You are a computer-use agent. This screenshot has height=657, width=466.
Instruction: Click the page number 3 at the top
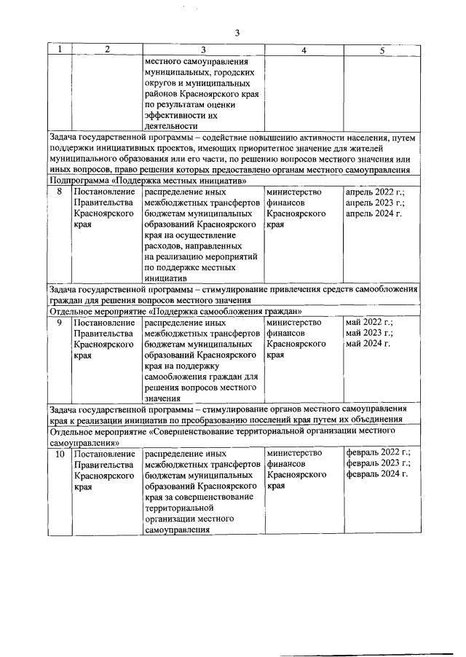click(x=237, y=32)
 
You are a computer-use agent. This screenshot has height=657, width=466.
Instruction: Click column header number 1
click(x=60, y=50)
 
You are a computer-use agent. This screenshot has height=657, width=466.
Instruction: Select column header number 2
click(x=107, y=50)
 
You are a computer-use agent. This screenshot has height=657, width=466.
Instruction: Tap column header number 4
click(x=304, y=50)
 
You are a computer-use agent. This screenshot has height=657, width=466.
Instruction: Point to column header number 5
click(x=382, y=50)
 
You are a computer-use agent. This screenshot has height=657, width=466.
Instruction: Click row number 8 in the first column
click(x=60, y=192)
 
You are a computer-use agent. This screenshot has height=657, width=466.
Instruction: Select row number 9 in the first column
click(x=60, y=322)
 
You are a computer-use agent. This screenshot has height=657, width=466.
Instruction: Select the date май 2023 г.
click(x=369, y=333)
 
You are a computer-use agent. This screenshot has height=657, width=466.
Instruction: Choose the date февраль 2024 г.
click(x=376, y=474)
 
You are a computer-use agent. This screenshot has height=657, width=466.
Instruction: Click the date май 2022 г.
click(x=369, y=322)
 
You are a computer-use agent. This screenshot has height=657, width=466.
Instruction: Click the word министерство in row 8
click(x=294, y=192)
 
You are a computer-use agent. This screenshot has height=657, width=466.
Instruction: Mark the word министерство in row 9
click(x=294, y=322)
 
